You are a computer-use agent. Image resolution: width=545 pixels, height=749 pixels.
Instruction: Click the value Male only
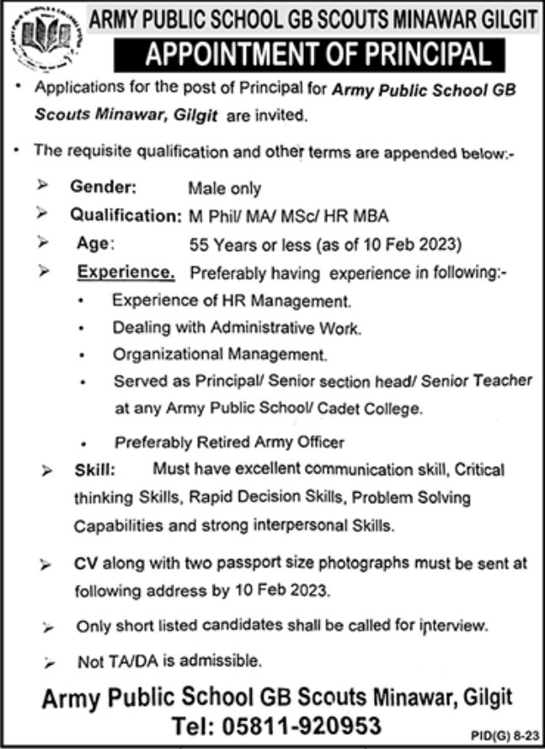(225, 190)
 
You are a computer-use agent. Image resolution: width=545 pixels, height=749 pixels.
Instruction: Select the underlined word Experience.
(126, 273)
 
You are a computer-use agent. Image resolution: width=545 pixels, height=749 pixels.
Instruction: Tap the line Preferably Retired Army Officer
(229, 441)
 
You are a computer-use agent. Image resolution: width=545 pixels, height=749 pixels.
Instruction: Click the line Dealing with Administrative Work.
(236, 329)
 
